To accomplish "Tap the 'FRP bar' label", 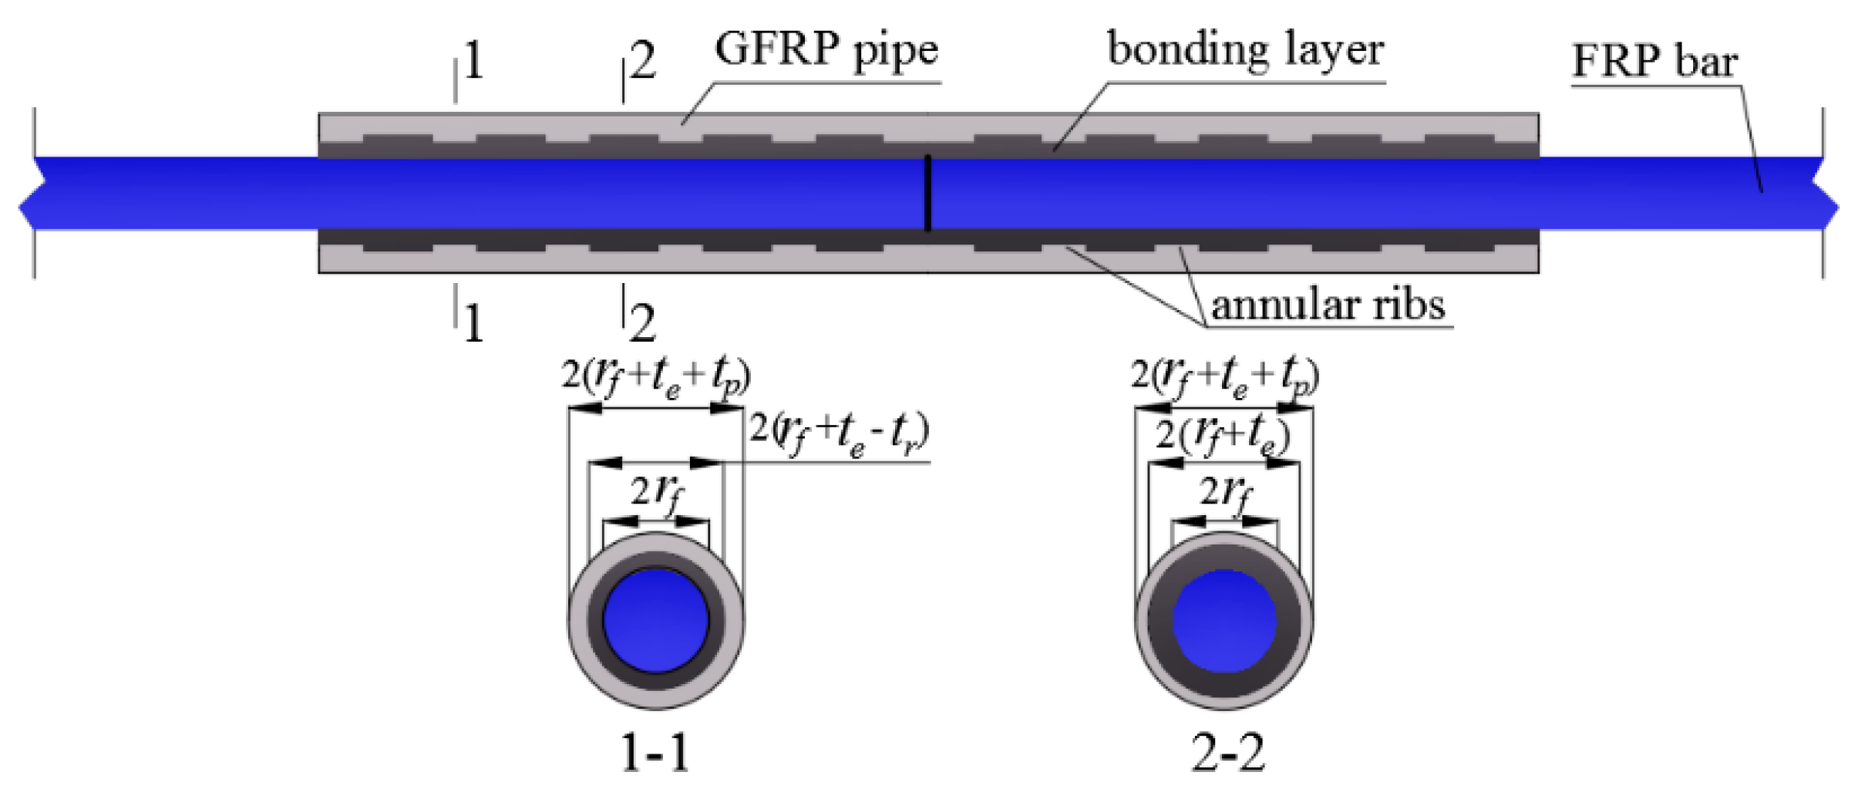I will [1654, 62].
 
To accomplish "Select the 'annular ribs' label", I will [1328, 305].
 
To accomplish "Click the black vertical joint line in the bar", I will [927, 193].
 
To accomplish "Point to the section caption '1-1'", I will [655, 753].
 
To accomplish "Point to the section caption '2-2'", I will [1227, 753].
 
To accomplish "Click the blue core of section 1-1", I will [656, 621].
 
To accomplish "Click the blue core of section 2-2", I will [1224, 621].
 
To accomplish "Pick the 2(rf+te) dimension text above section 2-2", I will [1222, 437].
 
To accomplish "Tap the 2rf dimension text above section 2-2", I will [1226, 492].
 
